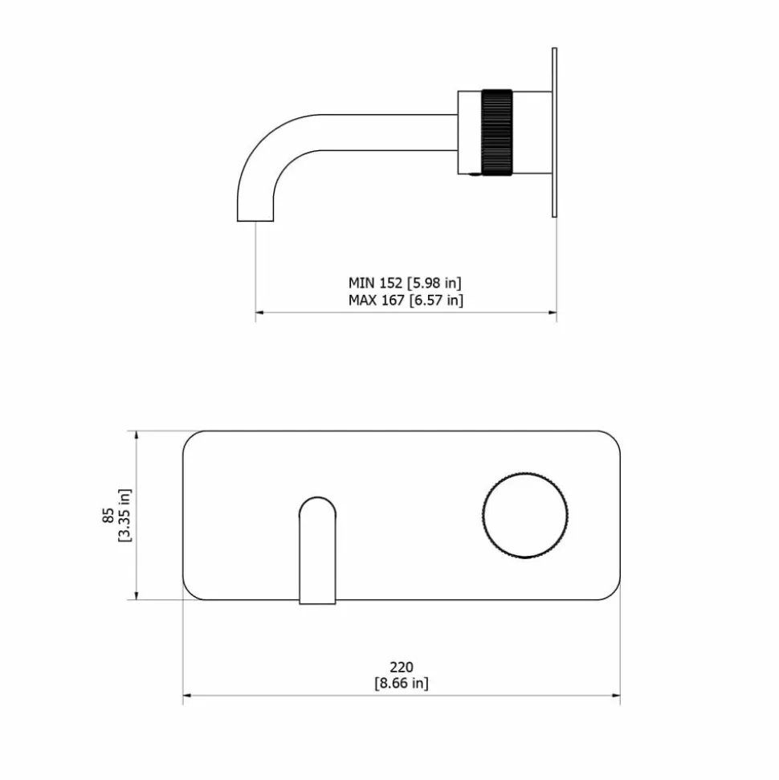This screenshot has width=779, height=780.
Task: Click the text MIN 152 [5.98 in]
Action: coord(405,283)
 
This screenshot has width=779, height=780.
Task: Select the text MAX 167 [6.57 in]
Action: coord(406,300)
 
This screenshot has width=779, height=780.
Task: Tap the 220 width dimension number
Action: coord(402,667)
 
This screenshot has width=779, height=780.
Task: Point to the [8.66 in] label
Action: coord(402,683)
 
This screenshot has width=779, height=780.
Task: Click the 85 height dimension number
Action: coord(108,516)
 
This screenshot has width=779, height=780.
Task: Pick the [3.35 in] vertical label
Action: coord(124,516)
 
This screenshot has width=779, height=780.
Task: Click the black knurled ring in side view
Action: coord(496,133)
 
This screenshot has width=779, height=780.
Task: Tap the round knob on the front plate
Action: coord(525,515)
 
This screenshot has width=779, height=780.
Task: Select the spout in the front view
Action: coord(317,550)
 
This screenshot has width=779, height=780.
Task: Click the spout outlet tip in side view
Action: coord(255,220)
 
